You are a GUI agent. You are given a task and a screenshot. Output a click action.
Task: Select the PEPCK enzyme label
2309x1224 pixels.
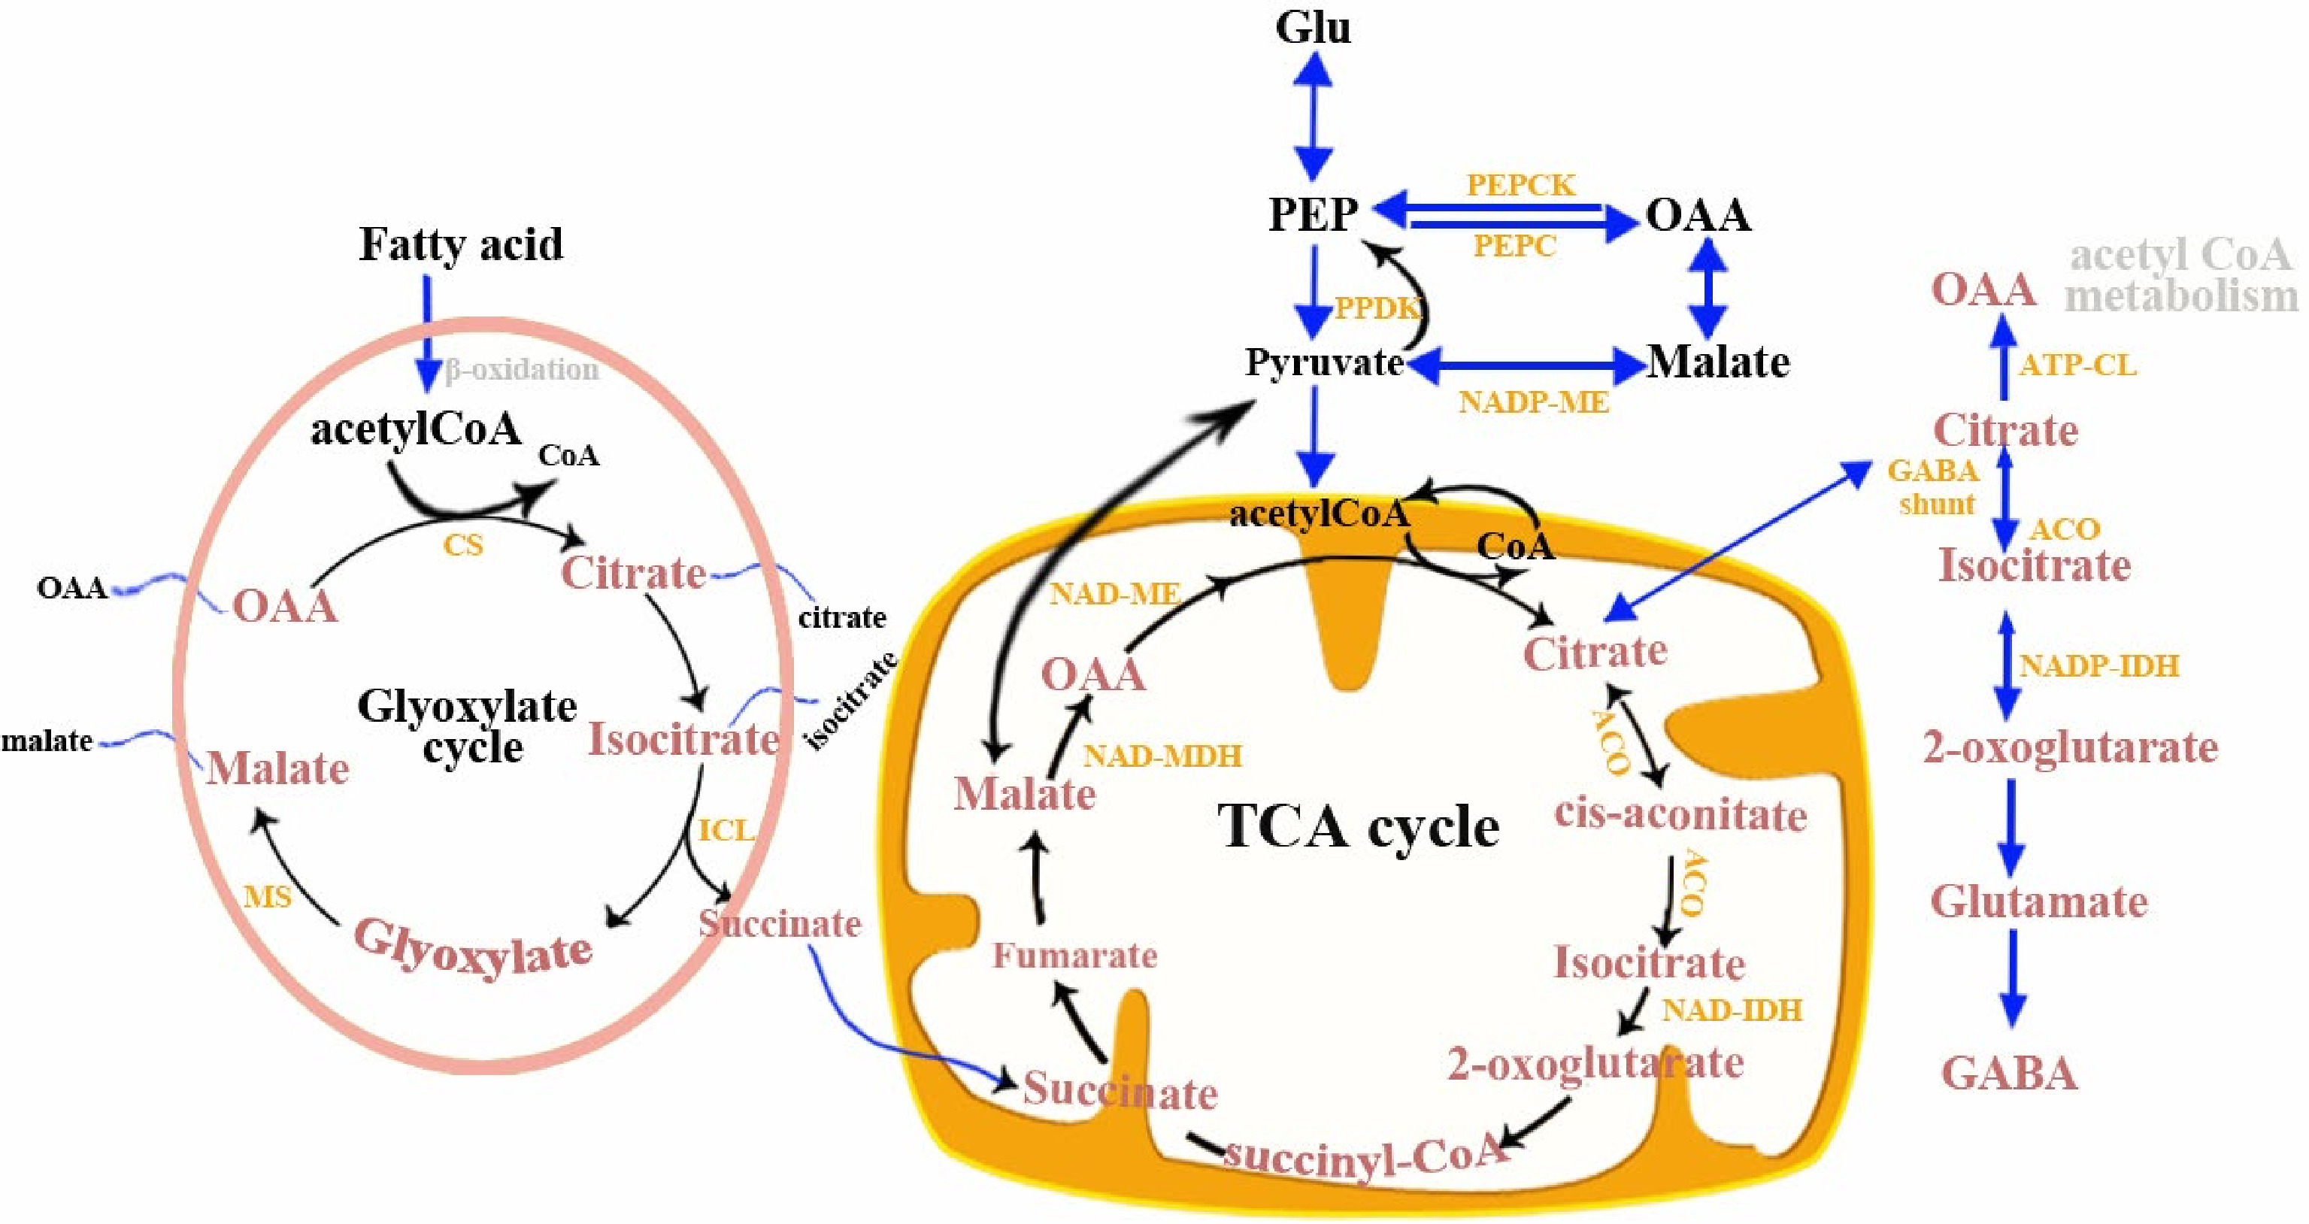1520,185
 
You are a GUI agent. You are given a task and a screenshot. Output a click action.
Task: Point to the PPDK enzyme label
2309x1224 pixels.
1377,308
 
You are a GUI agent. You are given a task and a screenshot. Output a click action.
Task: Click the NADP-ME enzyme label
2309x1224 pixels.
1534,402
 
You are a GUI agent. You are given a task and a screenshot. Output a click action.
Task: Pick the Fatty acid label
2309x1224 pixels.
461,244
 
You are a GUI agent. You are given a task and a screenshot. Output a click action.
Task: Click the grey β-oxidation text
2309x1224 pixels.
522,369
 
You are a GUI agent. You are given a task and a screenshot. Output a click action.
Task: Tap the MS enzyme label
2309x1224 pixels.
267,896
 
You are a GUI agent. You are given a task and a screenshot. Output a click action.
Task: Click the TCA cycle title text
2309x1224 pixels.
1358,826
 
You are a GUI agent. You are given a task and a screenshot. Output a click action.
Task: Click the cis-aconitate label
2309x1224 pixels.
1680,814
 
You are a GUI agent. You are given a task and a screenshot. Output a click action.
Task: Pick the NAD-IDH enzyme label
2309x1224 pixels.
1732,1010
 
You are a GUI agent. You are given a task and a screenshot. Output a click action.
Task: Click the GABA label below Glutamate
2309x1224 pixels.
2009,1073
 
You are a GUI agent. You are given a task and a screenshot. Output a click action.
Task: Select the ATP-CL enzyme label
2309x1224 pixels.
2077,365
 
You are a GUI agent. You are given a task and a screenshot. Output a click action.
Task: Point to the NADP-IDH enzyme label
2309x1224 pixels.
2098,666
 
